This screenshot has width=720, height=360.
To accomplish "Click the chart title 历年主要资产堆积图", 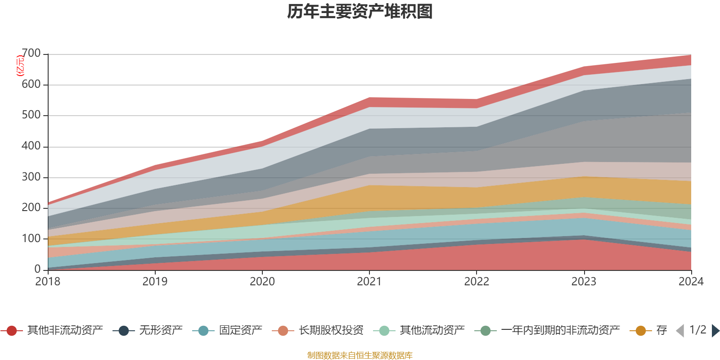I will pyautogui.click(x=360, y=12).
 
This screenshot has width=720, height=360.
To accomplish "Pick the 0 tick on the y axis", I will pyautogui.click(x=38, y=269).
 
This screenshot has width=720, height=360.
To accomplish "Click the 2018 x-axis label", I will pyautogui.click(x=48, y=282).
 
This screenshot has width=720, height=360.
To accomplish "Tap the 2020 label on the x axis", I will pyautogui.click(x=262, y=282).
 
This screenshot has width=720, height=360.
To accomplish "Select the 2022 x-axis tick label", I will pyautogui.click(x=477, y=282).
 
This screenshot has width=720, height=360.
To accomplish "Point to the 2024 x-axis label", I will pyautogui.click(x=691, y=282).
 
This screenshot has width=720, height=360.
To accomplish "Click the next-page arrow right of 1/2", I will pyautogui.click(x=715, y=331).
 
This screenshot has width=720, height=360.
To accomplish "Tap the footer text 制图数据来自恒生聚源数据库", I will pyautogui.click(x=360, y=355).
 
